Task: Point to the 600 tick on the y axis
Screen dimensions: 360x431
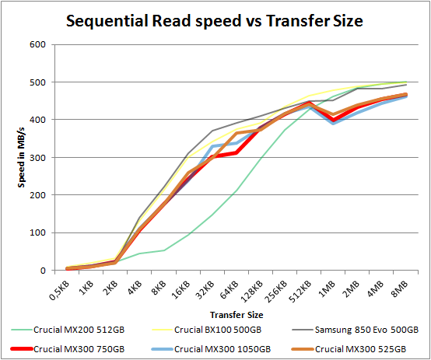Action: click(36, 44)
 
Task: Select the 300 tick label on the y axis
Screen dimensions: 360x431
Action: click(36, 158)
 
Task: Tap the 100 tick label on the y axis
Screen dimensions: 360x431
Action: click(36, 233)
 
